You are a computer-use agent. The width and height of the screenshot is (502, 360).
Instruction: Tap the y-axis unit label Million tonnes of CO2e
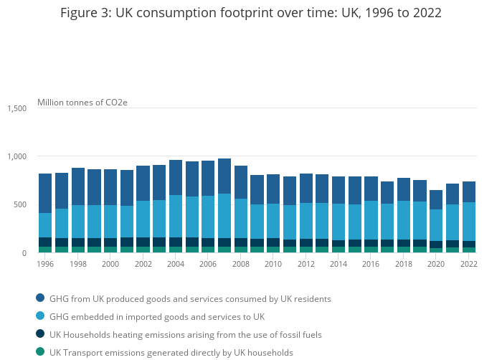[x=82, y=103]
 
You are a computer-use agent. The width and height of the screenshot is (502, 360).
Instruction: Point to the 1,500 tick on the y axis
[x=17, y=108]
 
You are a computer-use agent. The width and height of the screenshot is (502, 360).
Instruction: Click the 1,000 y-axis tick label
[x=17, y=156]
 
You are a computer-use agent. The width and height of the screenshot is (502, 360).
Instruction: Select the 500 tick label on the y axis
[x=20, y=204]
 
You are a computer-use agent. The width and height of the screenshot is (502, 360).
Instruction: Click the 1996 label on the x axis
[x=45, y=264]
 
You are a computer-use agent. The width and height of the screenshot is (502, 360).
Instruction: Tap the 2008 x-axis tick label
[x=241, y=264]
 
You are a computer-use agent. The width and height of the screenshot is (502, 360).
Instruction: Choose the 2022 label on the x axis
[x=469, y=264]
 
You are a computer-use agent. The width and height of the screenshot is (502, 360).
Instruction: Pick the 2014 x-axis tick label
[x=338, y=264]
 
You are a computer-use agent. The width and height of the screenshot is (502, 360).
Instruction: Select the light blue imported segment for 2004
[x=176, y=216]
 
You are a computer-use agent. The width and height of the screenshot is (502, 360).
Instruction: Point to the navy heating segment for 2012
[x=306, y=243]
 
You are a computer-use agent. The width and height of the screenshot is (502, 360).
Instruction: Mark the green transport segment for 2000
[x=110, y=250]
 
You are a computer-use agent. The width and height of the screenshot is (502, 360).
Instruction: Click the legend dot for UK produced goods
[x=39, y=298]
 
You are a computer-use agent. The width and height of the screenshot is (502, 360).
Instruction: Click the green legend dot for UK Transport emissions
[x=39, y=352]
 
